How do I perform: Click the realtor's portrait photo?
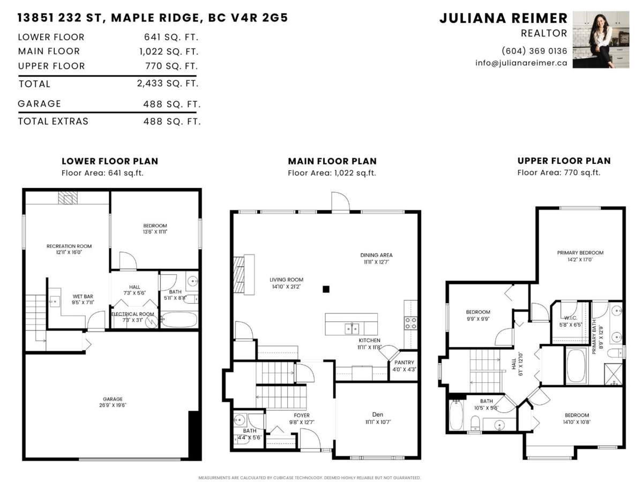coord(601,39)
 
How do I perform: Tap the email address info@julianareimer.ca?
coord(521,63)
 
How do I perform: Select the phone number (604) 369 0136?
coord(534,51)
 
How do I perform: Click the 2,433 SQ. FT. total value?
coord(168,84)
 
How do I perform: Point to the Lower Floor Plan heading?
coord(109,161)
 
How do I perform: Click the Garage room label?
coord(113,399)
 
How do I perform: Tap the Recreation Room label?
coord(69,246)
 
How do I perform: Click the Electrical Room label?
coord(132,314)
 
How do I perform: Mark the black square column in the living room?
coord(326,290)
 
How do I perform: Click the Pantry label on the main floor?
coord(405,363)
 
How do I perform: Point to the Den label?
coord(378,415)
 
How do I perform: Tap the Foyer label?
coord(302,416)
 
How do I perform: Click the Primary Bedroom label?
coord(580,253)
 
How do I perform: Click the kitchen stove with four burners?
coord(411,323)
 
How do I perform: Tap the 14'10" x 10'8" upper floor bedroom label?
coord(577,415)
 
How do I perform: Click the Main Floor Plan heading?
coord(332,161)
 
